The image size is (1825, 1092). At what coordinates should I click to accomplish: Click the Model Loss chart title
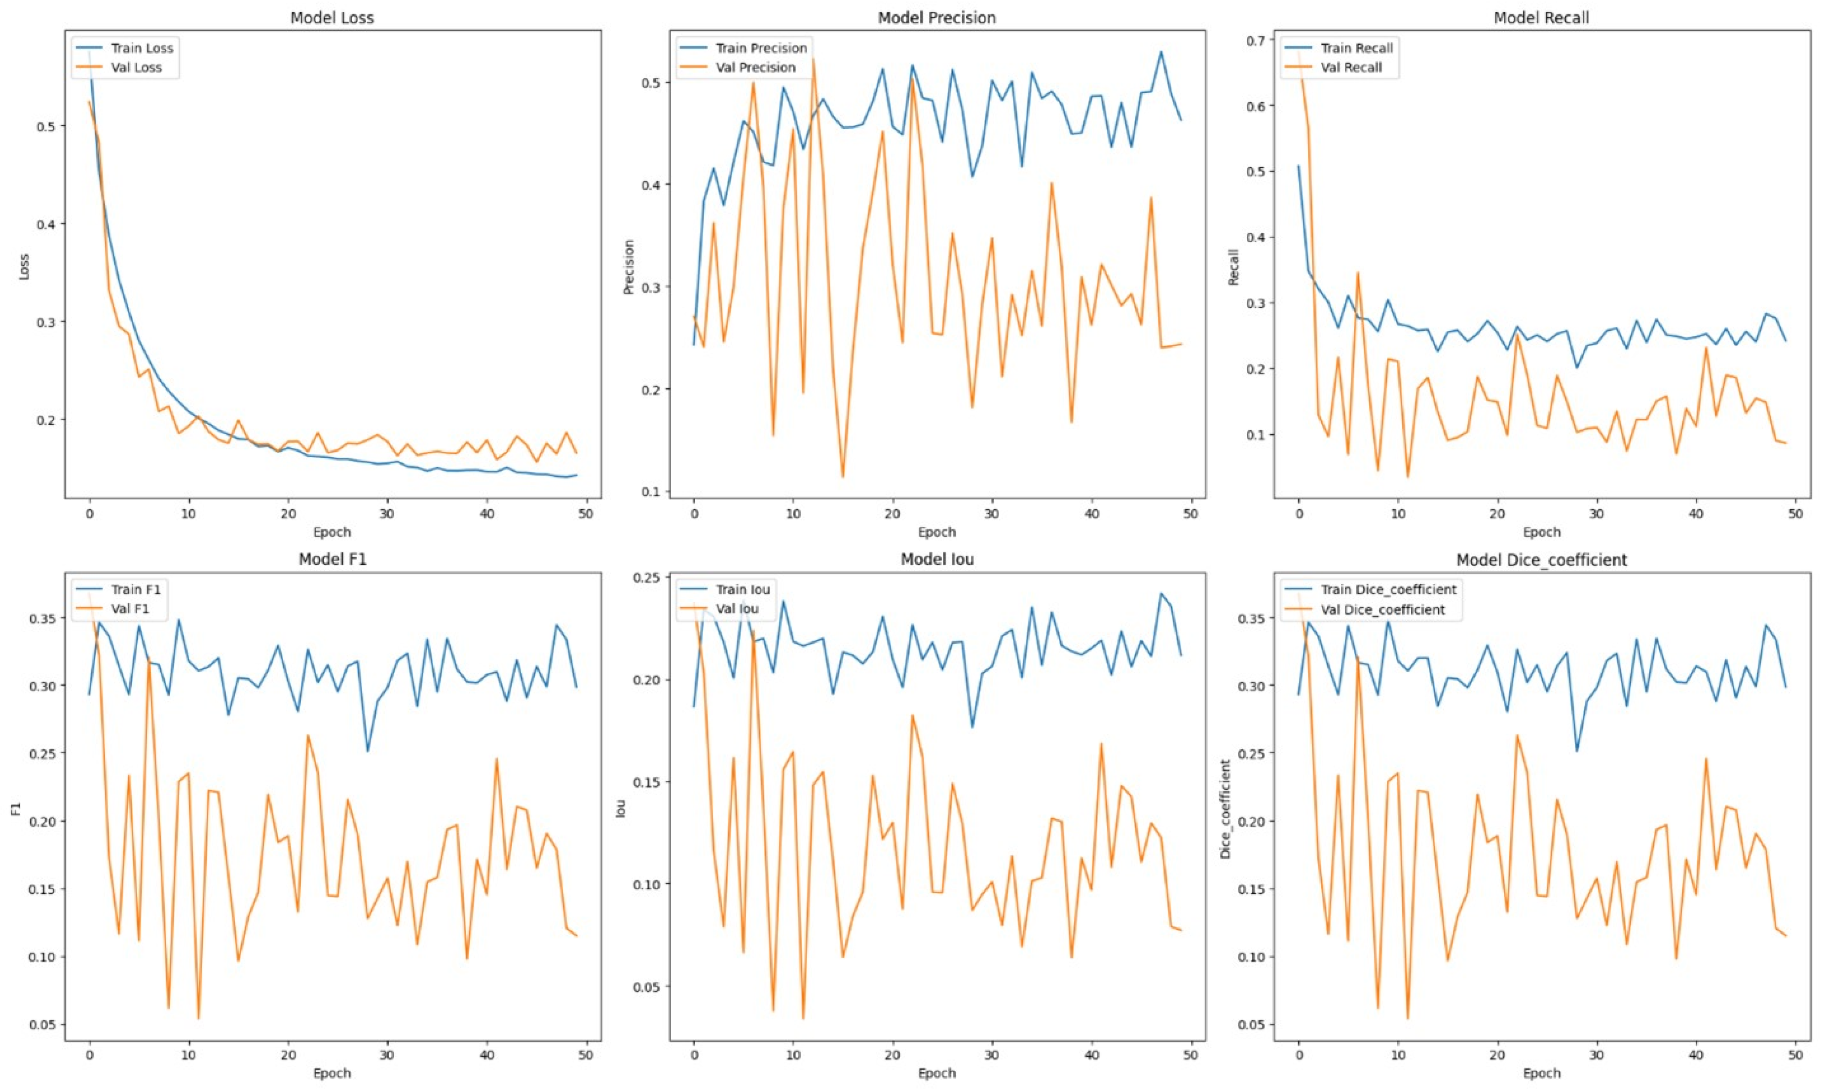point(332,18)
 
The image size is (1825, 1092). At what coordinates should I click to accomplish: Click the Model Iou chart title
point(937,559)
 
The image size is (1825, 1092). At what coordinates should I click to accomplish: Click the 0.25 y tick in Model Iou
point(648,578)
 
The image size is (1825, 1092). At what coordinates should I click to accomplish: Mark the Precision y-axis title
point(629,266)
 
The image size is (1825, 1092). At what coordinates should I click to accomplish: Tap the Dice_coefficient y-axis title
point(1225,809)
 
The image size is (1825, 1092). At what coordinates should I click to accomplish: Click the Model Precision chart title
point(937,18)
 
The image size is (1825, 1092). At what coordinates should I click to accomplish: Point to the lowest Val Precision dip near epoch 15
point(843,477)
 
